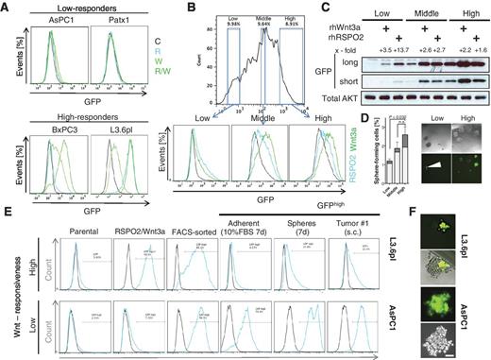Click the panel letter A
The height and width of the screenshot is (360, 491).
pos(7,7)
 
